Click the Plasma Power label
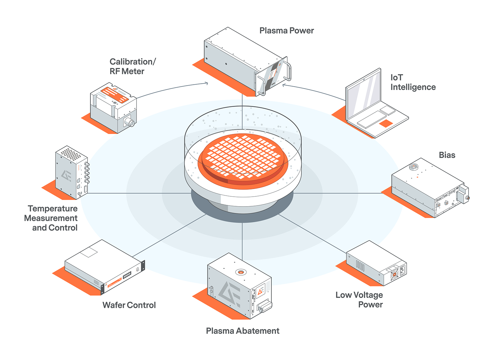pyautogui.click(x=287, y=31)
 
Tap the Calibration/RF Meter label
pyautogui.click(x=132, y=66)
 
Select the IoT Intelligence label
pyautogui.click(x=413, y=82)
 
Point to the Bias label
pyautogui.click(x=447, y=155)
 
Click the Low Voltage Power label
pyautogui.click(x=359, y=300)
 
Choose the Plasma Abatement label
pyautogui.click(x=242, y=331)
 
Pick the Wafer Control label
pyautogui.click(x=129, y=305)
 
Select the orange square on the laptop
pyautogui.click(x=386, y=123)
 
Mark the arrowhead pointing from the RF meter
pyautogui.click(x=207, y=83)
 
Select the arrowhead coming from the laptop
pyautogui.click(x=284, y=85)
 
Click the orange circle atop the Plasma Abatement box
pyautogui.click(x=241, y=272)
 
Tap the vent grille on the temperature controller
pyautogui.click(x=71, y=154)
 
